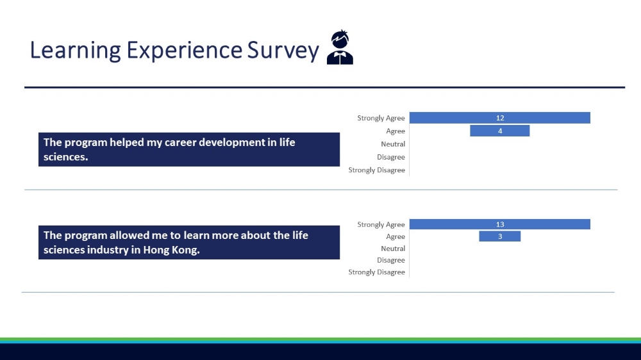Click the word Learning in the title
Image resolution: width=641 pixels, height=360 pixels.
pos(75,51)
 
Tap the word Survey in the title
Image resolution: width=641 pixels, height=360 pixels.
pos(283,51)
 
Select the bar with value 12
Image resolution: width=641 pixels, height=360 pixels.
pos(499,118)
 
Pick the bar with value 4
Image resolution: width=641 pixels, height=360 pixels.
pos(499,131)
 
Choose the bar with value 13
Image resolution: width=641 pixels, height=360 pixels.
pos(499,224)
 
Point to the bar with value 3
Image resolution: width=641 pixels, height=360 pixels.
pos(499,236)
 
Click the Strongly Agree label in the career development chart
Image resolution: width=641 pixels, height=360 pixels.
pos(381,118)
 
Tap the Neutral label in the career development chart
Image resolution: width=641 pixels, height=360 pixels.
pos(393,144)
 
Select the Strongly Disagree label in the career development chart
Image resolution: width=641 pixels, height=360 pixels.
pos(376,170)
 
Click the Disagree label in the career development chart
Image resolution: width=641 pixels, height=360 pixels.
pos(391,157)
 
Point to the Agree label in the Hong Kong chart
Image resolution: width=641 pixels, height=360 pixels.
pos(395,236)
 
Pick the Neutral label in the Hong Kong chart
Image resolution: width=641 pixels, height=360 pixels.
pos(393,249)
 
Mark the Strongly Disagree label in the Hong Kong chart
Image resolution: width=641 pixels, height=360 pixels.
pos(376,272)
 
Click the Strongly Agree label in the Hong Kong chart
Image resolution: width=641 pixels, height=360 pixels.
pos(381,224)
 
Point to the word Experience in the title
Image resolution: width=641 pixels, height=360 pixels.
pos(185,51)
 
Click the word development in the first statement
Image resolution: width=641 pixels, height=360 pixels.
pos(232,143)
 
